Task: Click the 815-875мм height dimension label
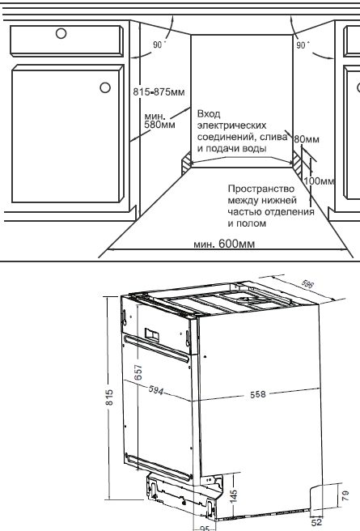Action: pyautogui.click(x=159, y=92)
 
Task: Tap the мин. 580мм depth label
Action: pyautogui.click(x=159, y=121)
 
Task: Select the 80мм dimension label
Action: pyautogui.click(x=307, y=139)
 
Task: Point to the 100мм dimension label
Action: pyautogui.click(x=319, y=181)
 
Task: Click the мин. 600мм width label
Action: pyautogui.click(x=224, y=244)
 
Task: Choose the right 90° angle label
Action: pyautogui.click(x=303, y=45)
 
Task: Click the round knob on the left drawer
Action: pyautogui.click(x=61, y=33)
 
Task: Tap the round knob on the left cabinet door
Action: pyautogui.click(x=105, y=87)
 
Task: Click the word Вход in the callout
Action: pyautogui.click(x=209, y=114)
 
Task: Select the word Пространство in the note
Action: pyautogui.click(x=260, y=189)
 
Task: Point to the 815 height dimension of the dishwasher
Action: pyautogui.click(x=109, y=397)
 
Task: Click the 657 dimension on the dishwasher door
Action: pyautogui.click(x=138, y=372)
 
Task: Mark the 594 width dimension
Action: pyautogui.click(x=156, y=390)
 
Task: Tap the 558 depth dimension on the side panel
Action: pyautogui.click(x=258, y=394)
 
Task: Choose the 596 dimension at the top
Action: pyautogui.click(x=307, y=284)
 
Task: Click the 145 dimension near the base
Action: pyautogui.click(x=234, y=495)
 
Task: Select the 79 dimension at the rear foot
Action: pyautogui.click(x=345, y=496)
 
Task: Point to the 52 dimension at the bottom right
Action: pyautogui.click(x=316, y=523)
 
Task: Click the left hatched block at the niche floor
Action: pyautogui.click(x=186, y=163)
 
